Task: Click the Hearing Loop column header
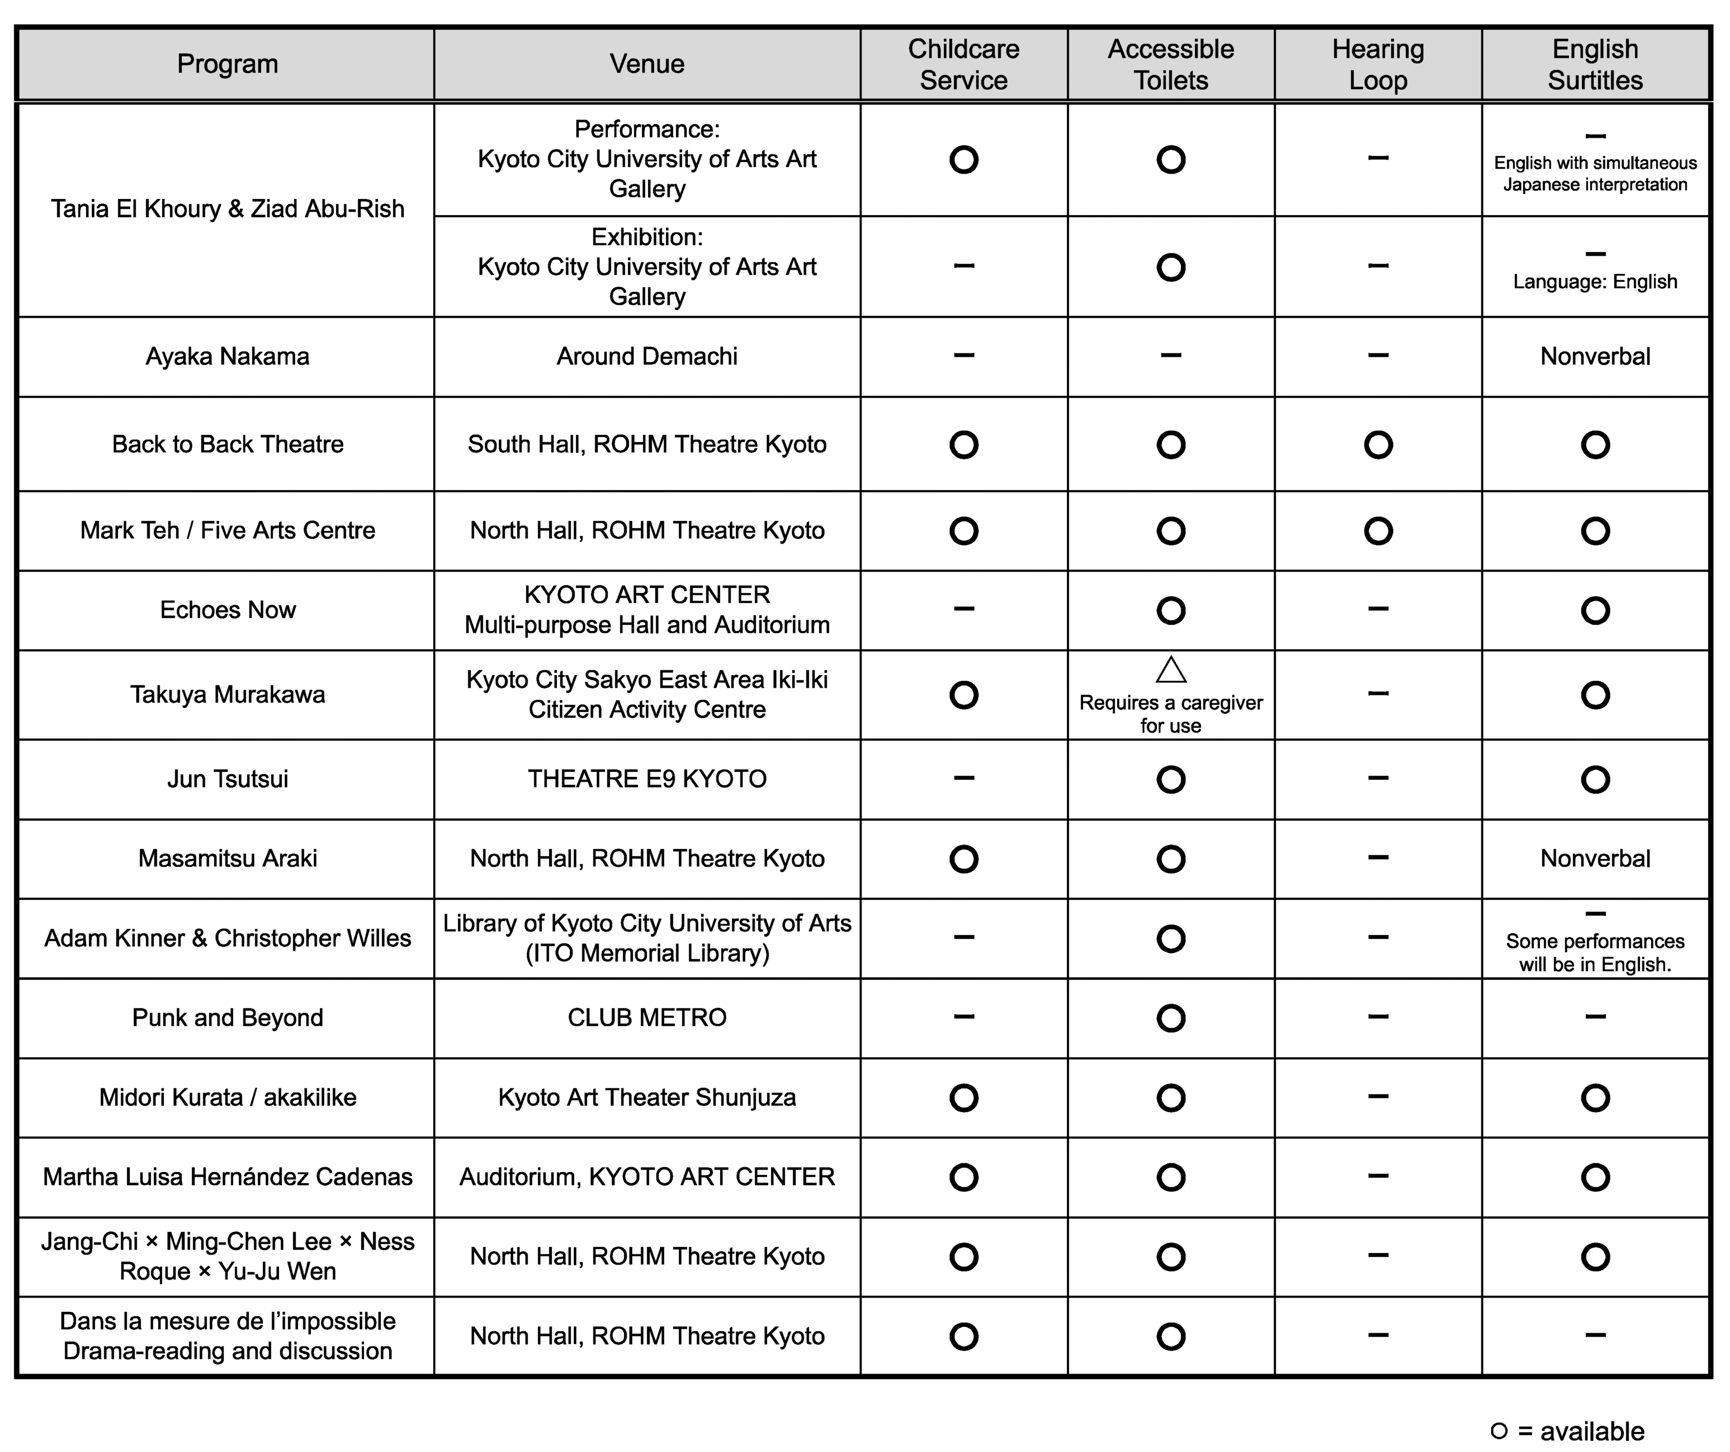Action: [x=1378, y=64]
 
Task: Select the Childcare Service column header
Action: [x=963, y=64]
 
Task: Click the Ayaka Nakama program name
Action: [x=227, y=357]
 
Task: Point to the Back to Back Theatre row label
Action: [x=227, y=444]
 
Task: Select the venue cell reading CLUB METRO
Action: [x=646, y=1017]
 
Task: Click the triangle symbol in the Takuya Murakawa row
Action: [x=1171, y=670]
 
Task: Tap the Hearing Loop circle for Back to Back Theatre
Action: [x=1378, y=445]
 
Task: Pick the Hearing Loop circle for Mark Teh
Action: [x=1378, y=530]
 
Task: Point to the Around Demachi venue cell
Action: [x=646, y=357]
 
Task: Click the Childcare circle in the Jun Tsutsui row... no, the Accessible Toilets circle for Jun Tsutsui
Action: [x=1171, y=779]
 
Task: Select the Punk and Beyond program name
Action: [x=227, y=1017]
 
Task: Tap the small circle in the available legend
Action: [x=1499, y=1431]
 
